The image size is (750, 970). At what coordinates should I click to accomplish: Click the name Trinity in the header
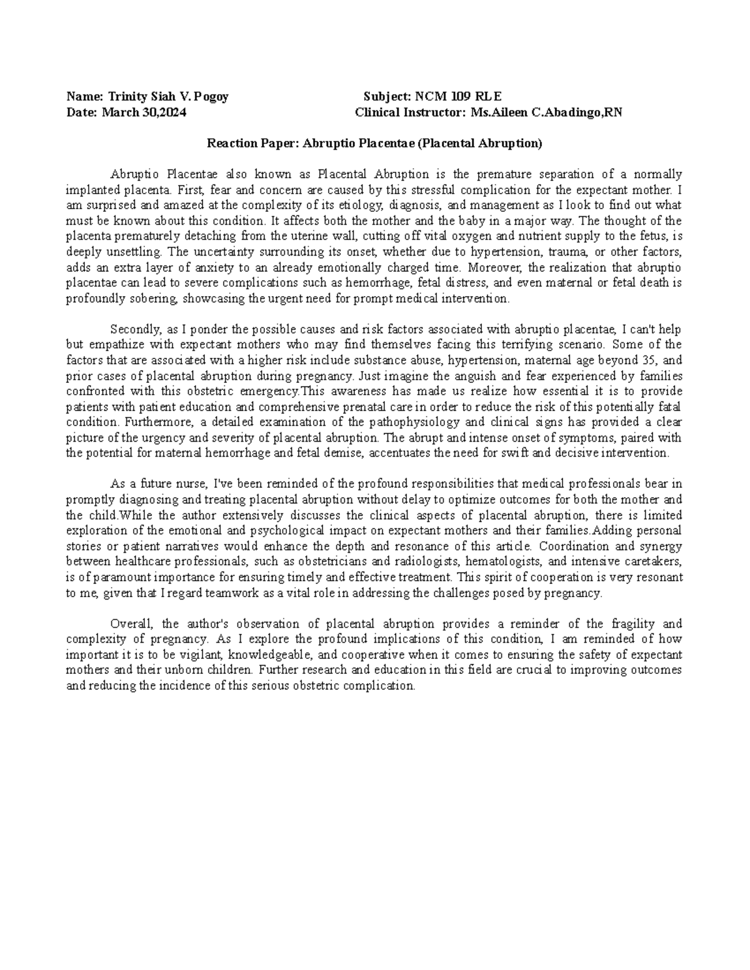pyautogui.click(x=126, y=97)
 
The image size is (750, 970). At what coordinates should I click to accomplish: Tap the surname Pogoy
pyautogui.click(x=212, y=97)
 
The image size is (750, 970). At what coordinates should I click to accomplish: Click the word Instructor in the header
pyautogui.click(x=433, y=112)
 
